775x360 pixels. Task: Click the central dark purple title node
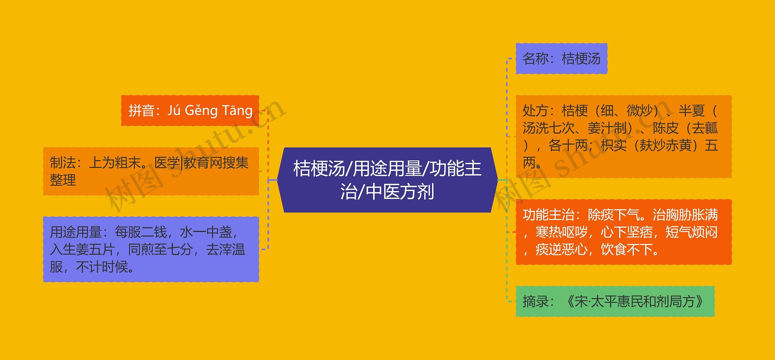pos(387,180)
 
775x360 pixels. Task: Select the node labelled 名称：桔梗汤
pos(561,58)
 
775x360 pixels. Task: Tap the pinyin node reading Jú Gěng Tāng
pos(190,111)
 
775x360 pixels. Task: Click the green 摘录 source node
pos(615,301)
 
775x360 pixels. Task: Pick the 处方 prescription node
pos(623,137)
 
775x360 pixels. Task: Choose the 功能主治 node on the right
pos(623,232)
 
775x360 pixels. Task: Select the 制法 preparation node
pos(151,171)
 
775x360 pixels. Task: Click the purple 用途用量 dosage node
pos(151,249)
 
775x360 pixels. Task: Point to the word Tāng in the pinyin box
pos(237,111)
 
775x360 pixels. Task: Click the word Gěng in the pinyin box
pos(201,111)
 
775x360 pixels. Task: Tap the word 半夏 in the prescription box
pos(691,111)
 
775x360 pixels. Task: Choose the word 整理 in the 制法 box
pos(63,180)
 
